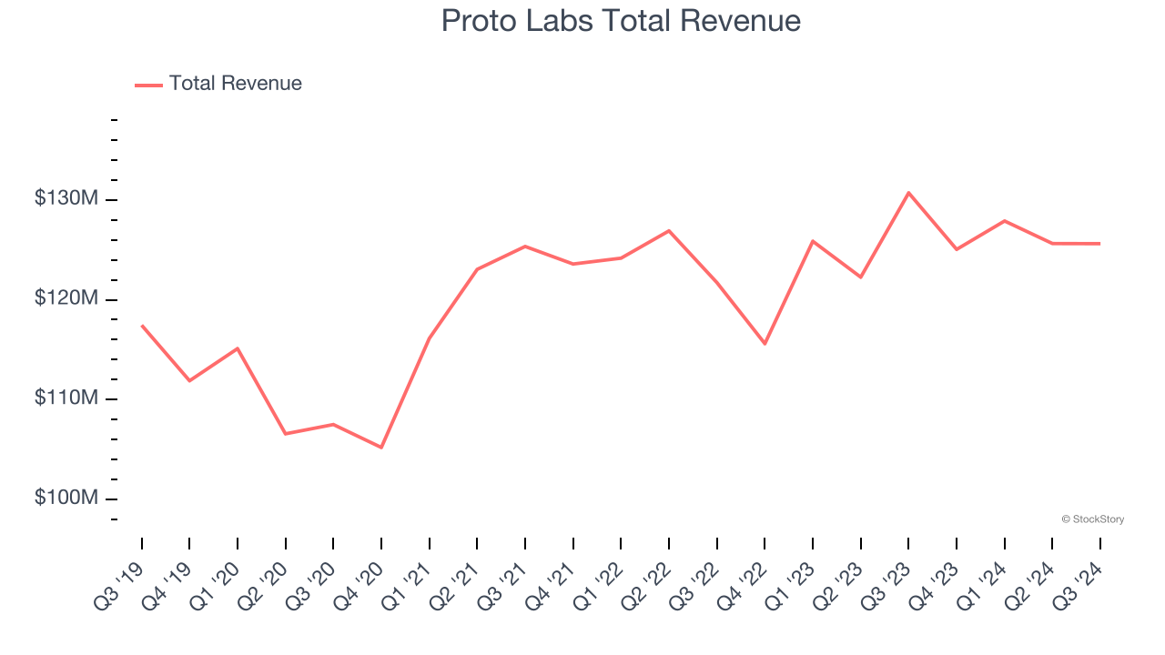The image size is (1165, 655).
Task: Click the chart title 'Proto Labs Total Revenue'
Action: pyautogui.click(x=621, y=21)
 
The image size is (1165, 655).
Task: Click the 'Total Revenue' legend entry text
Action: pyautogui.click(x=235, y=84)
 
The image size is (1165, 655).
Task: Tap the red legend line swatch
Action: pyautogui.click(x=148, y=85)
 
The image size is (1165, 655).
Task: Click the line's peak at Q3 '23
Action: pyautogui.click(x=908, y=193)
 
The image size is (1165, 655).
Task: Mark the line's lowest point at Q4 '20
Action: pyautogui.click(x=381, y=448)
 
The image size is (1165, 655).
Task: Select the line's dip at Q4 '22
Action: pyautogui.click(x=765, y=344)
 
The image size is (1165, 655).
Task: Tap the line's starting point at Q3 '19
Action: pyautogui.click(x=142, y=326)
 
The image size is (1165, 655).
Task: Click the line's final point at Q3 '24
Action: pyautogui.click(x=1099, y=244)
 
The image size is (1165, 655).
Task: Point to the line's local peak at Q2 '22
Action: pyautogui.click(x=669, y=230)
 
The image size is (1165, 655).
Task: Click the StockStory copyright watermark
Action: pyautogui.click(x=1092, y=519)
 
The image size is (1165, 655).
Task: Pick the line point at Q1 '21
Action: pyautogui.click(x=430, y=338)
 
